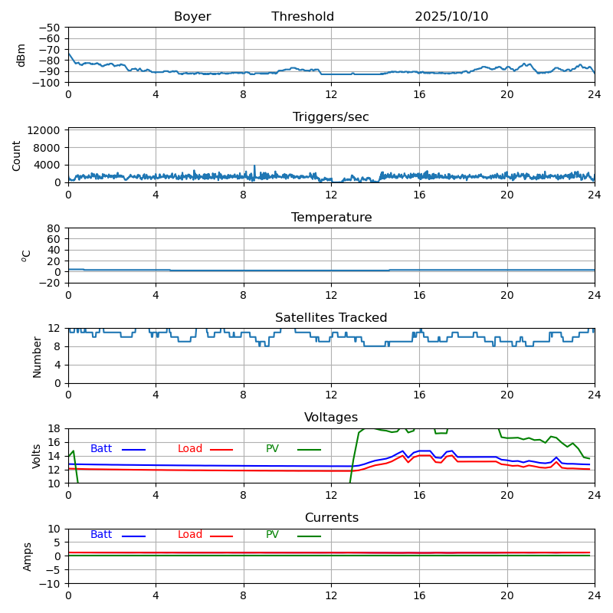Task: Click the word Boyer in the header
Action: pyautogui.click(x=192, y=17)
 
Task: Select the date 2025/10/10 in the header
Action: pyautogui.click(x=451, y=17)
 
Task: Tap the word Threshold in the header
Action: pyautogui.click(x=303, y=17)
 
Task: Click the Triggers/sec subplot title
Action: pyautogui.click(x=331, y=117)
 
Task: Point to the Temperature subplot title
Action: pyautogui.click(x=331, y=218)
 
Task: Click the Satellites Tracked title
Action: pyautogui.click(x=331, y=318)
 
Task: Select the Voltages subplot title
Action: pyautogui.click(x=331, y=418)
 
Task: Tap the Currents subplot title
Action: pyautogui.click(x=331, y=518)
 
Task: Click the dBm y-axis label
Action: pyautogui.click(x=21, y=55)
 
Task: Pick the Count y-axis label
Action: pyautogui.click(x=18, y=156)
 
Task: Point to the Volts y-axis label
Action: pyautogui.click(x=37, y=456)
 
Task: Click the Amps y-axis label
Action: pyautogui.click(x=28, y=556)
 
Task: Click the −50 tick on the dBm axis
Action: pyautogui.click(x=51, y=28)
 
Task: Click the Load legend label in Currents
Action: pyautogui.click(x=190, y=535)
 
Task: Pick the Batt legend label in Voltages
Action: pyautogui.click(x=101, y=449)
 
